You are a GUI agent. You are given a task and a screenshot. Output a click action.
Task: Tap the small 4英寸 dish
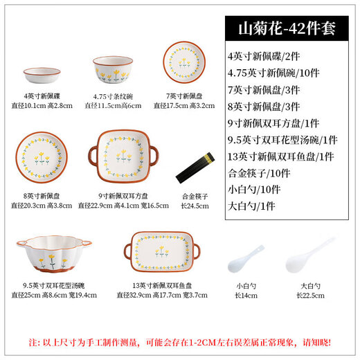click(41, 73)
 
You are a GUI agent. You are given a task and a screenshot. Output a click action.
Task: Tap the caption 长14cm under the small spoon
click(247, 296)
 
